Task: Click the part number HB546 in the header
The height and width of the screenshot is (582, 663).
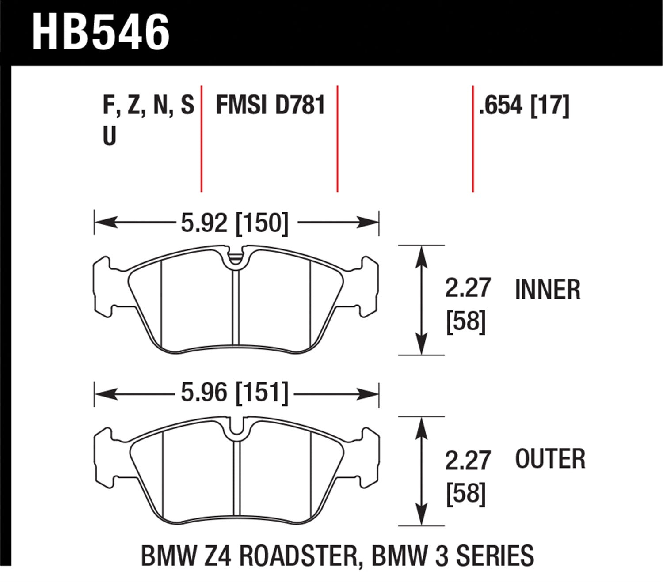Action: coord(101,32)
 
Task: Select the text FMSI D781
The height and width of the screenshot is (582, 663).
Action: coord(270,106)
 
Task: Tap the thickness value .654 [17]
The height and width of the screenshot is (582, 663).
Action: coord(524,106)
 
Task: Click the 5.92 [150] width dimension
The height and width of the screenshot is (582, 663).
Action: coord(234,223)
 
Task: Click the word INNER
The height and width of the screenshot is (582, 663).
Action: coord(548,290)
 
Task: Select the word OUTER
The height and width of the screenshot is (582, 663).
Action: coord(550,459)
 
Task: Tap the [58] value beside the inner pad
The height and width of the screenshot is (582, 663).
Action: coord(466,322)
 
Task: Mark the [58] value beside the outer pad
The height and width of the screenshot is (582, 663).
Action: coord(466,493)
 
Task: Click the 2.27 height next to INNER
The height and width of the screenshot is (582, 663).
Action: coord(468,288)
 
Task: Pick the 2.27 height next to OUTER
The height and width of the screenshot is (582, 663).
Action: coord(468,461)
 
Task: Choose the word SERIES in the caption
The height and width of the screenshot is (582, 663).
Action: coord(495,556)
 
